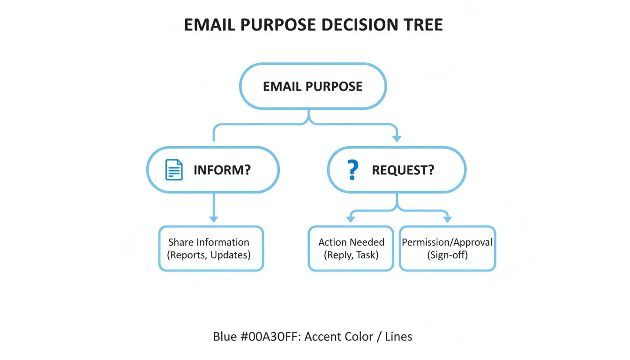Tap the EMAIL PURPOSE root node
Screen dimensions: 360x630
[x=313, y=86]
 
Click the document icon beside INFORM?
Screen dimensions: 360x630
[x=174, y=170]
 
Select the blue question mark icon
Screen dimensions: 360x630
[x=352, y=170]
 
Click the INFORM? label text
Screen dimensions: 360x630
[x=222, y=170]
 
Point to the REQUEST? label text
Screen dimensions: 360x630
[x=403, y=170]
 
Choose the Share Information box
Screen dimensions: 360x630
[x=211, y=248]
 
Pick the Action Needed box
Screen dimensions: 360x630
[x=351, y=248]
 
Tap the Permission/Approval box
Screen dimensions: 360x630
[x=447, y=248]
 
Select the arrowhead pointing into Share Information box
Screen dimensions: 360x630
[x=214, y=218]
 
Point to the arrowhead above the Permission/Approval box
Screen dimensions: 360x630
[x=447, y=219]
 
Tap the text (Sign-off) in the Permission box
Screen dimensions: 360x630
[x=447, y=255]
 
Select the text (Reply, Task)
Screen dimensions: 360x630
[x=351, y=255]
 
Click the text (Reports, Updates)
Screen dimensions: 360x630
[x=209, y=255]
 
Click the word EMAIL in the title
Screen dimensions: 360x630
[x=210, y=25]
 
